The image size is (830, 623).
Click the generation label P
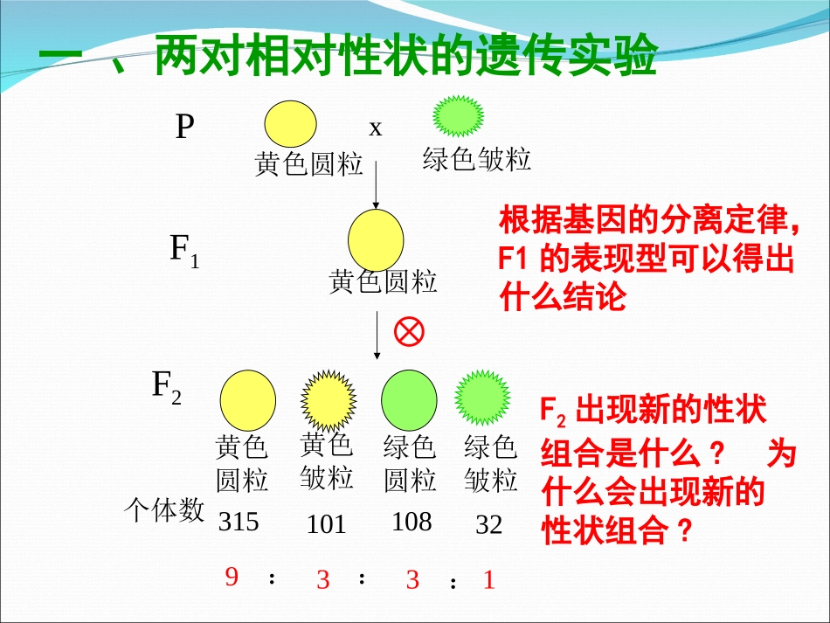tap(184, 128)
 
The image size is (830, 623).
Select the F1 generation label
tap(183, 251)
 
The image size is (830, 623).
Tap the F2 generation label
tap(167, 385)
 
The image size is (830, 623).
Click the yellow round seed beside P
tap(291, 124)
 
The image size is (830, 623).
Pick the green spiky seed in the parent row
tap(459, 116)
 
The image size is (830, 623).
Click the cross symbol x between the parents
tap(376, 128)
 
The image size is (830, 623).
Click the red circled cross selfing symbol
tap(409, 331)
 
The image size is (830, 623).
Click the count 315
tap(239, 522)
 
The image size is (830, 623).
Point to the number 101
tap(327, 524)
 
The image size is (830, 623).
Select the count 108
tap(412, 522)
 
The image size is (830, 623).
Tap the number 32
tap(489, 524)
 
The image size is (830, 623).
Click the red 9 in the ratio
tap(232, 577)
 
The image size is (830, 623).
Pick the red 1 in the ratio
tap(489, 579)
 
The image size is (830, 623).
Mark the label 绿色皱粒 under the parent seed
tap(476, 159)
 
